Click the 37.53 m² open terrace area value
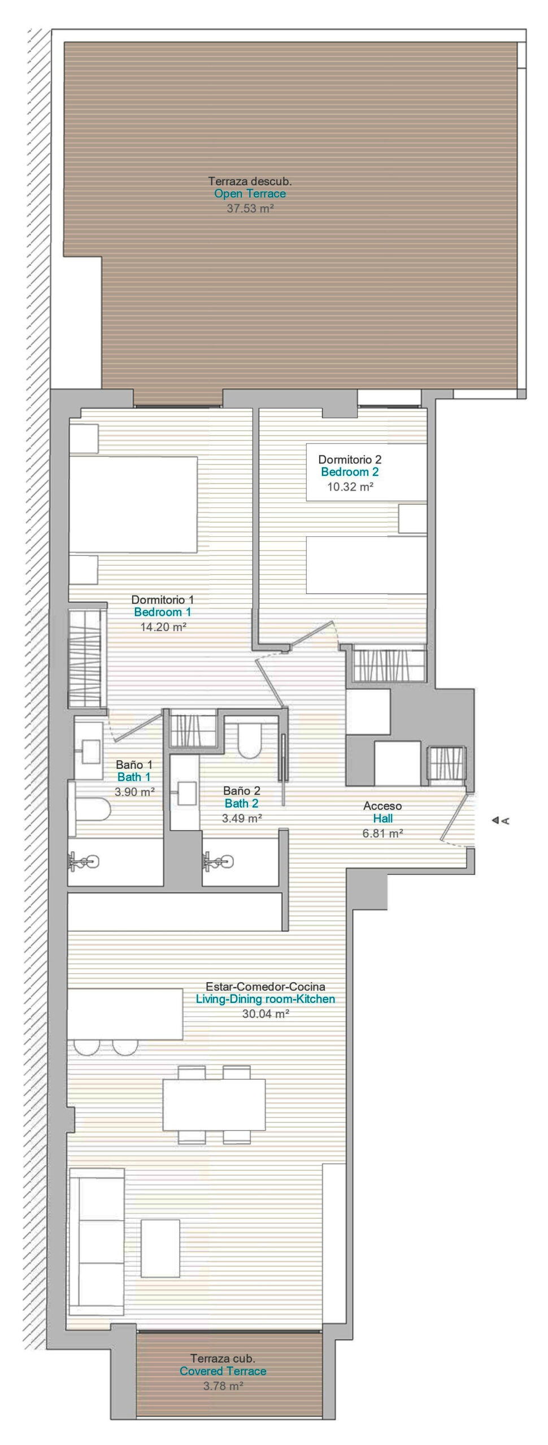click(x=250, y=208)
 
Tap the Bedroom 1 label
click(x=163, y=612)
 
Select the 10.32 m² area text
click(x=350, y=487)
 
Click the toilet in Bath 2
click(x=249, y=740)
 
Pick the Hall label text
click(x=382, y=818)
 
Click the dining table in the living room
click(x=214, y=1104)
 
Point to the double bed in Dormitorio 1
click(x=133, y=504)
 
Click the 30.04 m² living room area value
click(x=266, y=1013)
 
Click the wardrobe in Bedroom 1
click(x=85, y=659)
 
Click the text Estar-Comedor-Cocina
click(x=266, y=986)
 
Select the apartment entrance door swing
click(x=455, y=820)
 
